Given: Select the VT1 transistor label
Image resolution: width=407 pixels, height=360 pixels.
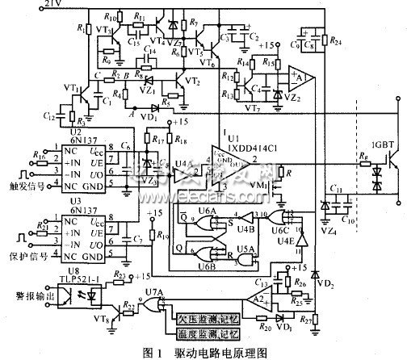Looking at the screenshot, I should pos(69,86).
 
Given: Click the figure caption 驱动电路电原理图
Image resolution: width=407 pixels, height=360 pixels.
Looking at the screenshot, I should pos(220,350).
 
